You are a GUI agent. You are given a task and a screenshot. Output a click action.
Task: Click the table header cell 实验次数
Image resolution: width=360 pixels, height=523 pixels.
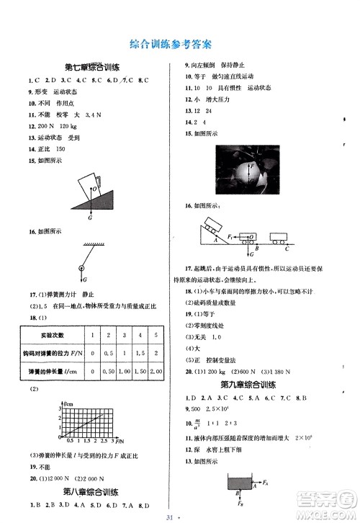(48, 335)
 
